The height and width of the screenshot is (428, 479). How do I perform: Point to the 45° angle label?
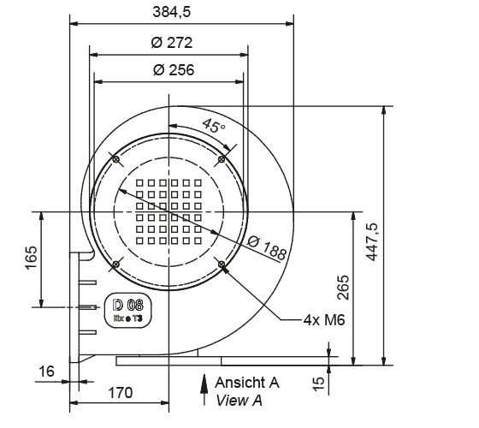[x=214, y=126]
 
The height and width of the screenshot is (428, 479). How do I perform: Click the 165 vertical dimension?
[x=32, y=258]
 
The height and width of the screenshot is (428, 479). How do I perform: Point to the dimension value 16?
[x=46, y=371]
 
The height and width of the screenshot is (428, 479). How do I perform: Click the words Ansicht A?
[x=247, y=382]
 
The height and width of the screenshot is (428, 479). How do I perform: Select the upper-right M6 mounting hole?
[x=222, y=158]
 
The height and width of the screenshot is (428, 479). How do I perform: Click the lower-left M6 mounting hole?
[x=115, y=265]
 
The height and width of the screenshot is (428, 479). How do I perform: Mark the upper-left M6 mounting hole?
[x=115, y=158]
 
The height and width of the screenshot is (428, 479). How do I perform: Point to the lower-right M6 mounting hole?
[x=222, y=265]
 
